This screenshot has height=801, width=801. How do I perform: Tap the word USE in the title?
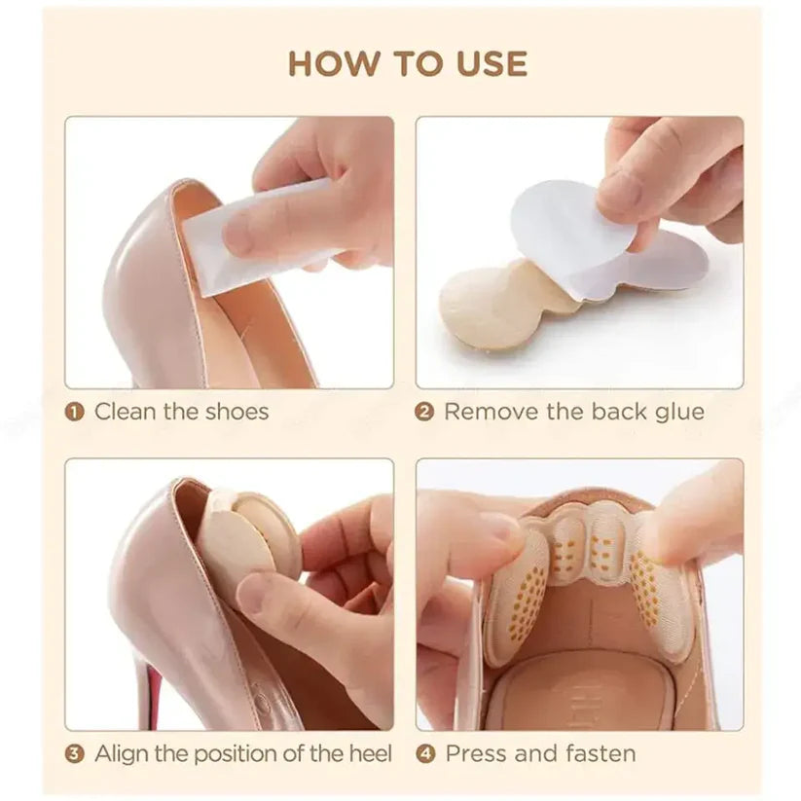pos(483,64)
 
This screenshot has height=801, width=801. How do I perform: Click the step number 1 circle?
pos(75,412)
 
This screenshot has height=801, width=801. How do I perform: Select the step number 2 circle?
pos(424,412)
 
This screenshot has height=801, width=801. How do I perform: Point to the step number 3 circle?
pos(75,753)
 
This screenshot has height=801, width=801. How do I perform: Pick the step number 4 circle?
pos(425,753)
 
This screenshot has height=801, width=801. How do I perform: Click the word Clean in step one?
pos(125,412)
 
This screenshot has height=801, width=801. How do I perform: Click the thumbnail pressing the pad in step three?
pos(252,592)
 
